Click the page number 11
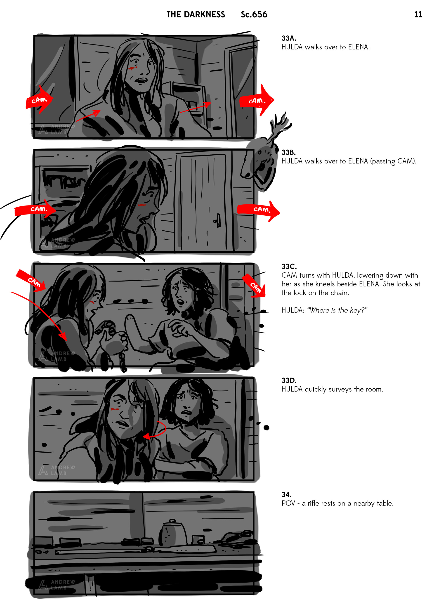click(418, 14)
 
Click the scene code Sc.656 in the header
click(254, 14)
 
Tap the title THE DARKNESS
click(196, 14)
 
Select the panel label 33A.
click(289, 38)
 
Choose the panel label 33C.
click(289, 266)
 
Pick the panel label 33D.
click(289, 380)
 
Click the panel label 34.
click(286, 494)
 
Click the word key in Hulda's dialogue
click(357, 310)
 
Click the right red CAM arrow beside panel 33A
click(257, 100)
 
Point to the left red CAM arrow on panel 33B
click(35, 209)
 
